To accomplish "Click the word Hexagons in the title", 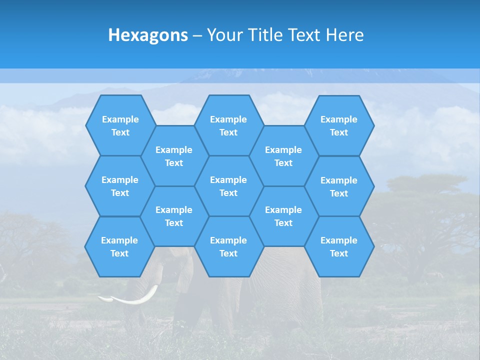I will pos(148,35).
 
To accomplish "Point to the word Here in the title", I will pos(345,35).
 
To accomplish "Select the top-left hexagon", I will pos(120,125).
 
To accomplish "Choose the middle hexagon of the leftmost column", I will pos(120,186).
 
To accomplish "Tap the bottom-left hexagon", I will pos(119,246).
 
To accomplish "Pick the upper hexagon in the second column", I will pos(174,156).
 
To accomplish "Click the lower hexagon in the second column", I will pos(174,216).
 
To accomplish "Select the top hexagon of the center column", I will pos(228,125).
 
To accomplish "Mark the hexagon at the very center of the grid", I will pos(228,186).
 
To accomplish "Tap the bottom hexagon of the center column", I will pos(228,246).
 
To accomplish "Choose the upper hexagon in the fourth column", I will pos(283,156).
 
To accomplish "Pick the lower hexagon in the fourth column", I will pos(283,216).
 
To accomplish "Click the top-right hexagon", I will pos(339,125).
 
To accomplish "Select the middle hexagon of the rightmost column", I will pos(339,186).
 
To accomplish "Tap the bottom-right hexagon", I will pos(339,246).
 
